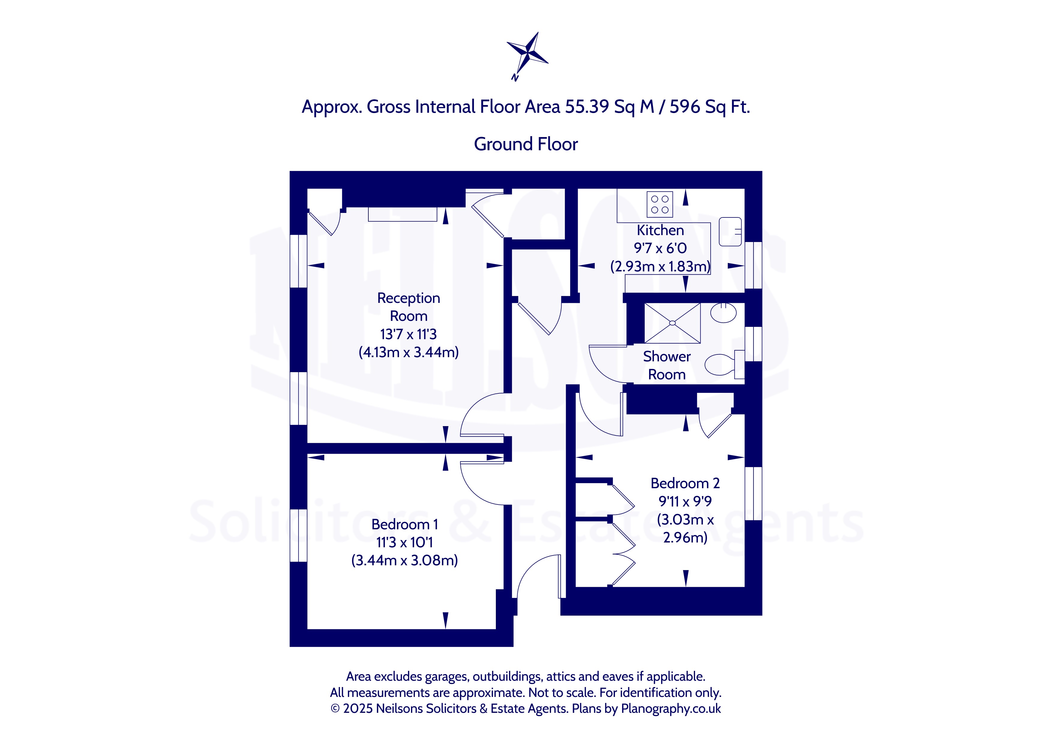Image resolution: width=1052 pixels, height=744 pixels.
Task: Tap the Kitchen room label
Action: click(660, 230)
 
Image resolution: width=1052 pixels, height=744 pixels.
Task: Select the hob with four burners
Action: click(660, 204)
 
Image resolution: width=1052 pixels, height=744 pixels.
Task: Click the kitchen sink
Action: click(730, 232)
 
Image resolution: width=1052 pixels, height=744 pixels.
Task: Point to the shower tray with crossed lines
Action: click(672, 323)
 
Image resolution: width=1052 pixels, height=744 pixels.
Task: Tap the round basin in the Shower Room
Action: click(723, 313)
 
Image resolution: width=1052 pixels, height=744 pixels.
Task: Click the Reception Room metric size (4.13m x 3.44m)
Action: click(408, 352)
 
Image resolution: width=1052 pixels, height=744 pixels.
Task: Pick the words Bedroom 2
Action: click(685, 483)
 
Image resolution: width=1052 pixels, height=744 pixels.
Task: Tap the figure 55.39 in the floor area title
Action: click(587, 107)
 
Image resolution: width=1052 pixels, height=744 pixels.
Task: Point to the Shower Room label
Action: click(667, 365)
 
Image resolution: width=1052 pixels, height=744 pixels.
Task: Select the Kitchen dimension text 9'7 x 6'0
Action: click(660, 248)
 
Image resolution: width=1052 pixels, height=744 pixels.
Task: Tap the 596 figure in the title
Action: click(685, 107)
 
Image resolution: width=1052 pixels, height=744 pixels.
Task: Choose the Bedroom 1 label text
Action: click(405, 524)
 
